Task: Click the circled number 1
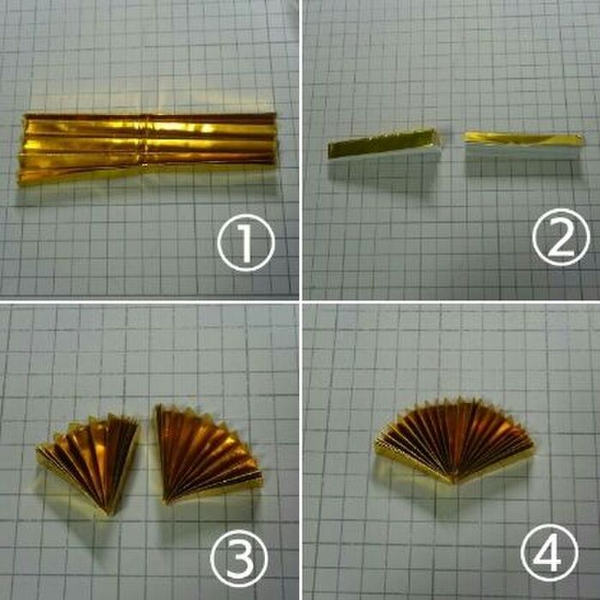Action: click(246, 243)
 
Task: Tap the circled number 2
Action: click(561, 237)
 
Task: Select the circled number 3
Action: click(239, 558)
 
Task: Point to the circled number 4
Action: click(549, 553)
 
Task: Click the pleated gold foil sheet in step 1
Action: click(147, 147)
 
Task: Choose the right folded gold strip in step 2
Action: click(524, 147)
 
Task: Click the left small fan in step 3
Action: click(90, 461)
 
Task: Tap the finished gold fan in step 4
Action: click(454, 440)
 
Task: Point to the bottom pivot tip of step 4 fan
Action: click(455, 483)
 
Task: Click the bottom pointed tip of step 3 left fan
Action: click(109, 514)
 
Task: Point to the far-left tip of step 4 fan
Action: click(375, 443)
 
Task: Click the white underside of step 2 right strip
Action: click(524, 153)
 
